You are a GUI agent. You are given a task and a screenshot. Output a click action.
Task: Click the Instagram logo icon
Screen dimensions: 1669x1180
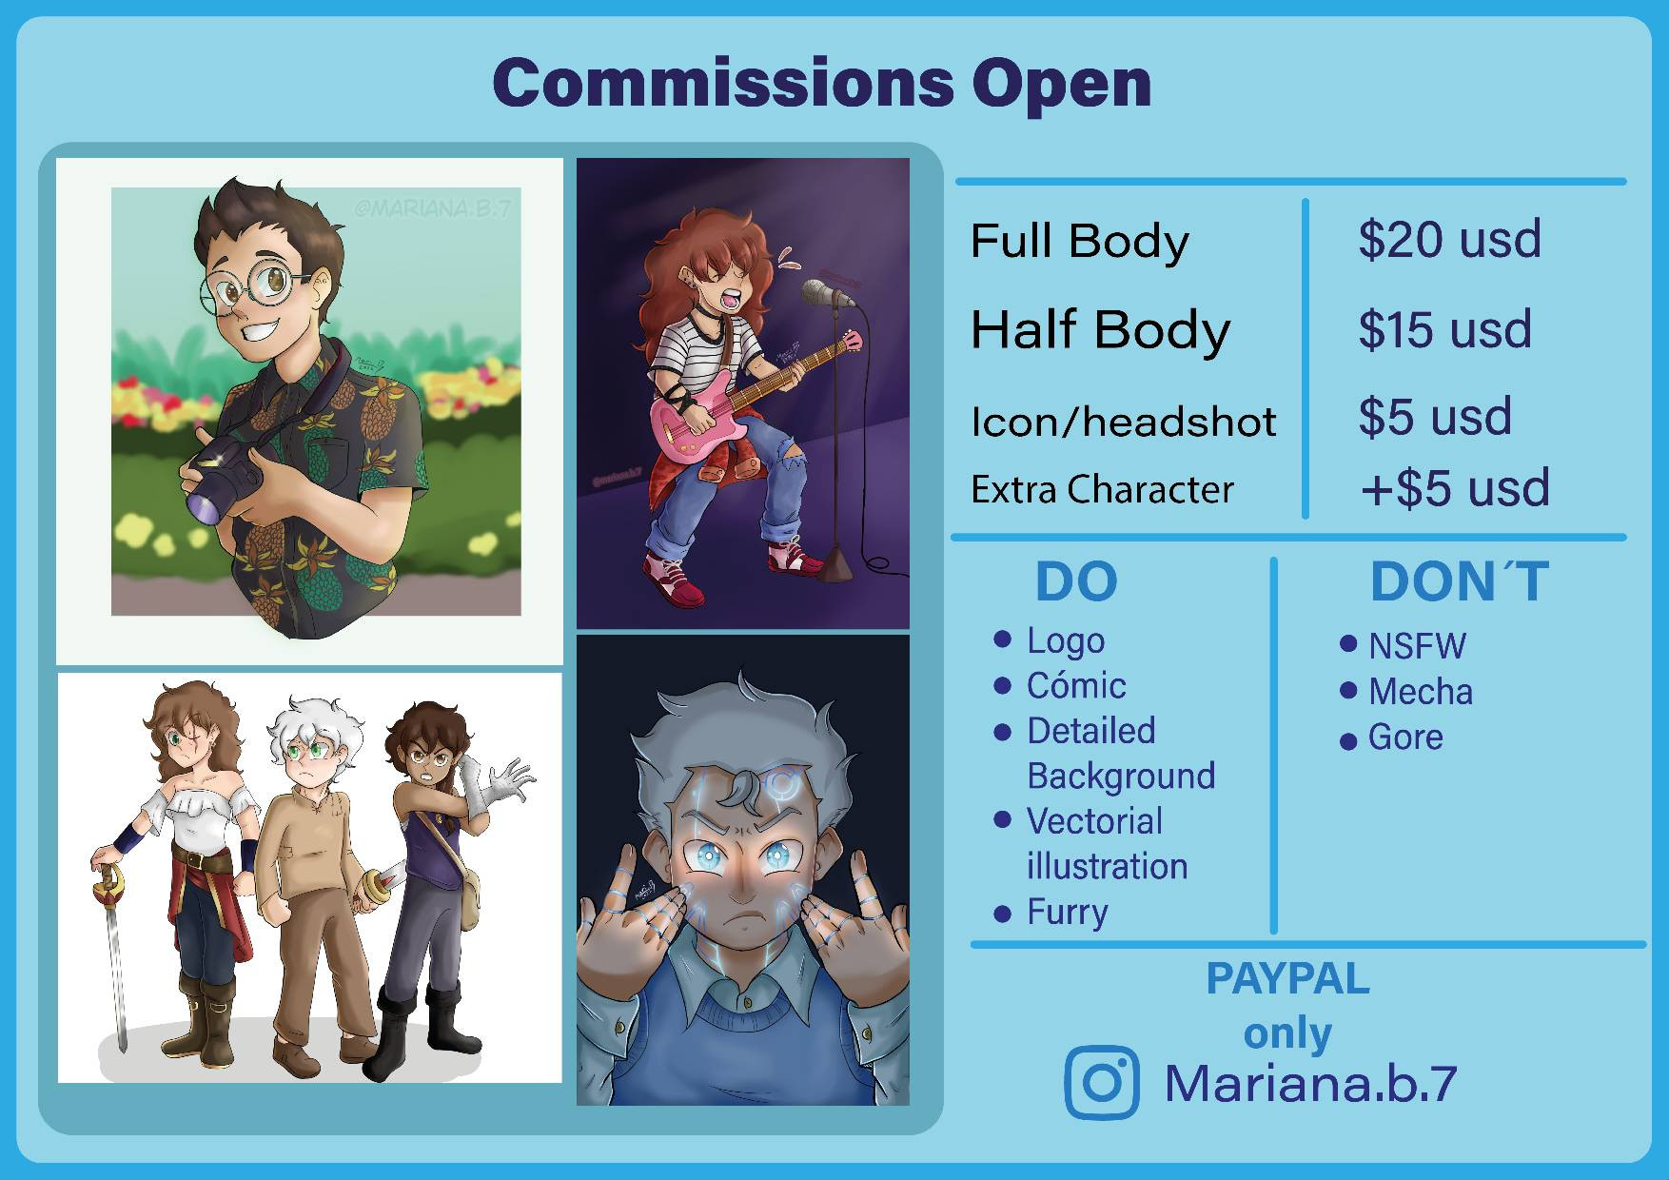pos(1102,1082)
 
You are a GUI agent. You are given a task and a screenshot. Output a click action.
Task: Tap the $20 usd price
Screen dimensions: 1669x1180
pos(1449,239)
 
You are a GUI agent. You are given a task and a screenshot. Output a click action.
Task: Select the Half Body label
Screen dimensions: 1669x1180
pos(1100,330)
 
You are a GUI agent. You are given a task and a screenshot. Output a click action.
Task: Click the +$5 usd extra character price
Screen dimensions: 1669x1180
pos(1455,487)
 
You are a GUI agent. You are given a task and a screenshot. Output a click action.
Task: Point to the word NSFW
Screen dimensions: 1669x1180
pos(1417,646)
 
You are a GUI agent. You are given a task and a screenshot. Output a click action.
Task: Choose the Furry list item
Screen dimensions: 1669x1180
pos(1067,912)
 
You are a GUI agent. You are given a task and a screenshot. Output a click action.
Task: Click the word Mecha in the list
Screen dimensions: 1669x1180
pos(1420,692)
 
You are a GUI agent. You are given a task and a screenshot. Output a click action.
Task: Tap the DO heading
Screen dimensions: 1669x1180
pos(1076,581)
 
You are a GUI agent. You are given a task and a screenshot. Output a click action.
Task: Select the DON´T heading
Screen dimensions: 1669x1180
pos(1460,581)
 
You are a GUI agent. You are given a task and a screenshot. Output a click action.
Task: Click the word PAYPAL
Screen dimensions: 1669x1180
pos(1287,978)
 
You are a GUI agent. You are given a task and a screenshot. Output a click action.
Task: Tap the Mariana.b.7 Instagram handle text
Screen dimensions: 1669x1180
pos(1310,1083)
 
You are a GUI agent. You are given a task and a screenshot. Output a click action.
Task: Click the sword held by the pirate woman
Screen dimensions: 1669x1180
pos(111,952)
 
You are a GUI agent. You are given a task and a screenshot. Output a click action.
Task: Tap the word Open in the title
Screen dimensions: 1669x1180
pos(1061,85)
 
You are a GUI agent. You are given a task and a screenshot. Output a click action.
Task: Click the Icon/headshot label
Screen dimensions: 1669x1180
pos(1123,422)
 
